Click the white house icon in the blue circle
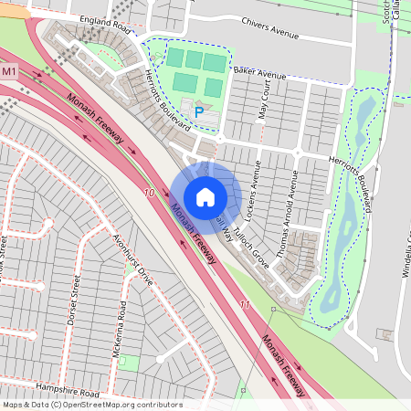click(x=205, y=196)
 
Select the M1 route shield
click(x=10, y=71)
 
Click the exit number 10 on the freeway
click(x=149, y=193)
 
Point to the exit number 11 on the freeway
click(x=244, y=304)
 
